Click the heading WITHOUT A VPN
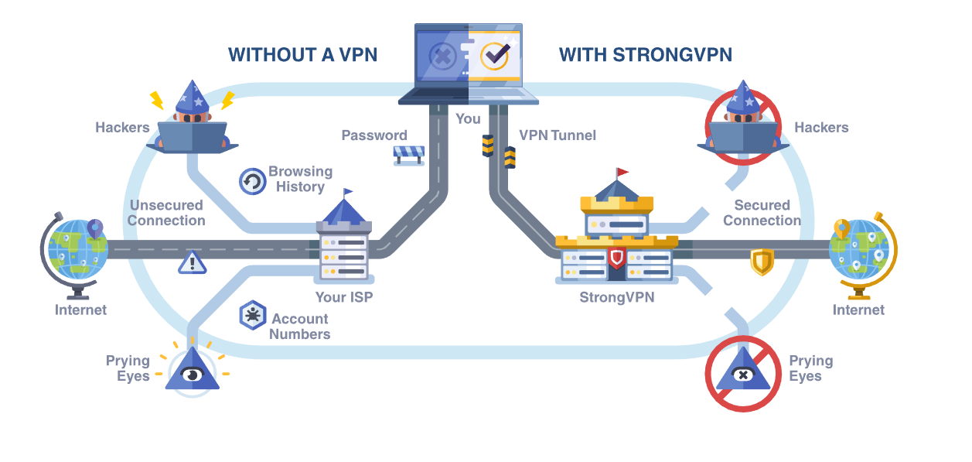point(302,55)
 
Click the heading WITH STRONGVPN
point(645,55)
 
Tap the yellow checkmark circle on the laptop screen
point(494,56)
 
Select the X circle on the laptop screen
point(443,56)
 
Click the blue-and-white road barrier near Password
point(409,155)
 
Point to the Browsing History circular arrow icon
point(252,181)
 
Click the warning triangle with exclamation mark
point(192,263)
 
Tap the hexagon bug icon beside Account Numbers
point(252,316)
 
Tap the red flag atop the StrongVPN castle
point(622,171)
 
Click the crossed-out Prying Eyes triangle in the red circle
point(742,374)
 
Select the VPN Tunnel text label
point(557,135)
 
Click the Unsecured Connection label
point(166,213)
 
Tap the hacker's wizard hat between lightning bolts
point(191,97)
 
